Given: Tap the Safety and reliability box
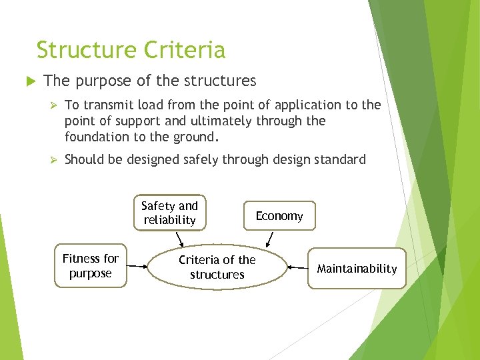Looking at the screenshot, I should (170, 213).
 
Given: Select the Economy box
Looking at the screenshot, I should (279, 216).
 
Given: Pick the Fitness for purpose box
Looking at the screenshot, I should (90, 265).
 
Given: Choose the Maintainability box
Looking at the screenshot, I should (357, 269).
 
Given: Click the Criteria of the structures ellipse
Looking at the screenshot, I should (217, 267).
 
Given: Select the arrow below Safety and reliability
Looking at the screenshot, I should (179, 239).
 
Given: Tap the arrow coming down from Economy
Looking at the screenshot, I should (269, 239).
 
